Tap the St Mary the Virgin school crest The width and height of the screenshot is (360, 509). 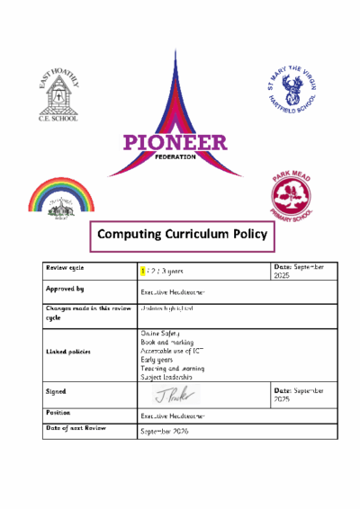pyautogui.click(x=292, y=91)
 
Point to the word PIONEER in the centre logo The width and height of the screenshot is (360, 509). pyautogui.click(x=176, y=142)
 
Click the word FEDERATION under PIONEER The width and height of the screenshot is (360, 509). pyautogui.click(x=176, y=156)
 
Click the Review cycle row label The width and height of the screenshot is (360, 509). pyautogui.click(x=68, y=269)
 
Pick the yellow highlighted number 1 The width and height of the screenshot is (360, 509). pyautogui.click(x=142, y=270)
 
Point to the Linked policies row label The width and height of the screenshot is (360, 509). pyautogui.click(x=69, y=351)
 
